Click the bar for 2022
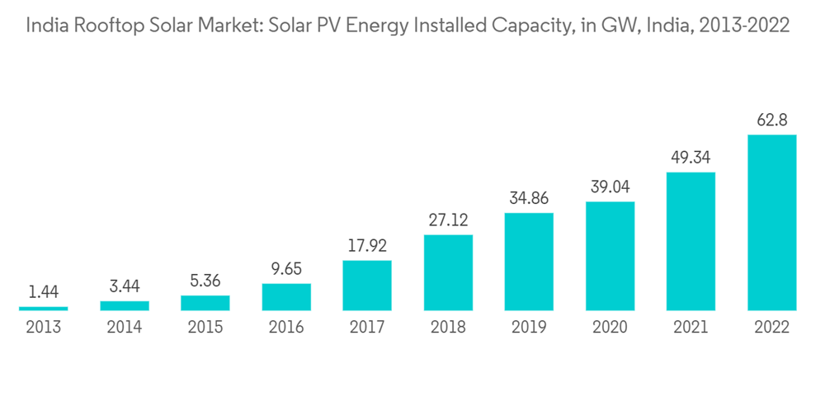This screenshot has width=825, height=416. pos(771,222)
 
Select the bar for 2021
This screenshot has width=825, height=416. pos(691,241)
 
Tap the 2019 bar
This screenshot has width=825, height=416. pos(529,262)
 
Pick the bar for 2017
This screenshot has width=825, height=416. pos(367,286)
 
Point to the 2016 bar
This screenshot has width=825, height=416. pos(286,297)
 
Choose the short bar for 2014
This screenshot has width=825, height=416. pos(125,305)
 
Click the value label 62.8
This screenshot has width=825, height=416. pos(771,121)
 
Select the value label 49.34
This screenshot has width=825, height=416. pos(691,158)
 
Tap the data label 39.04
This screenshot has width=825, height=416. pos(610,187)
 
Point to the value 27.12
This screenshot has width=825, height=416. pos(448,220)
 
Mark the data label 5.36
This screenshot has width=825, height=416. pos(205,281)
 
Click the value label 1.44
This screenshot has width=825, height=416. pos(44,292)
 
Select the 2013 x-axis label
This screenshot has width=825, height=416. pos(44,328)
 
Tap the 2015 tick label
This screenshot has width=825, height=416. pos(205,328)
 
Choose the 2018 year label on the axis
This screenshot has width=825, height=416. pos(448,328)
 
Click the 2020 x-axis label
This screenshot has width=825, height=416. pos(610,328)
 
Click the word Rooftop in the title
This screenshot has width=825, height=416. pos(103,26)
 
